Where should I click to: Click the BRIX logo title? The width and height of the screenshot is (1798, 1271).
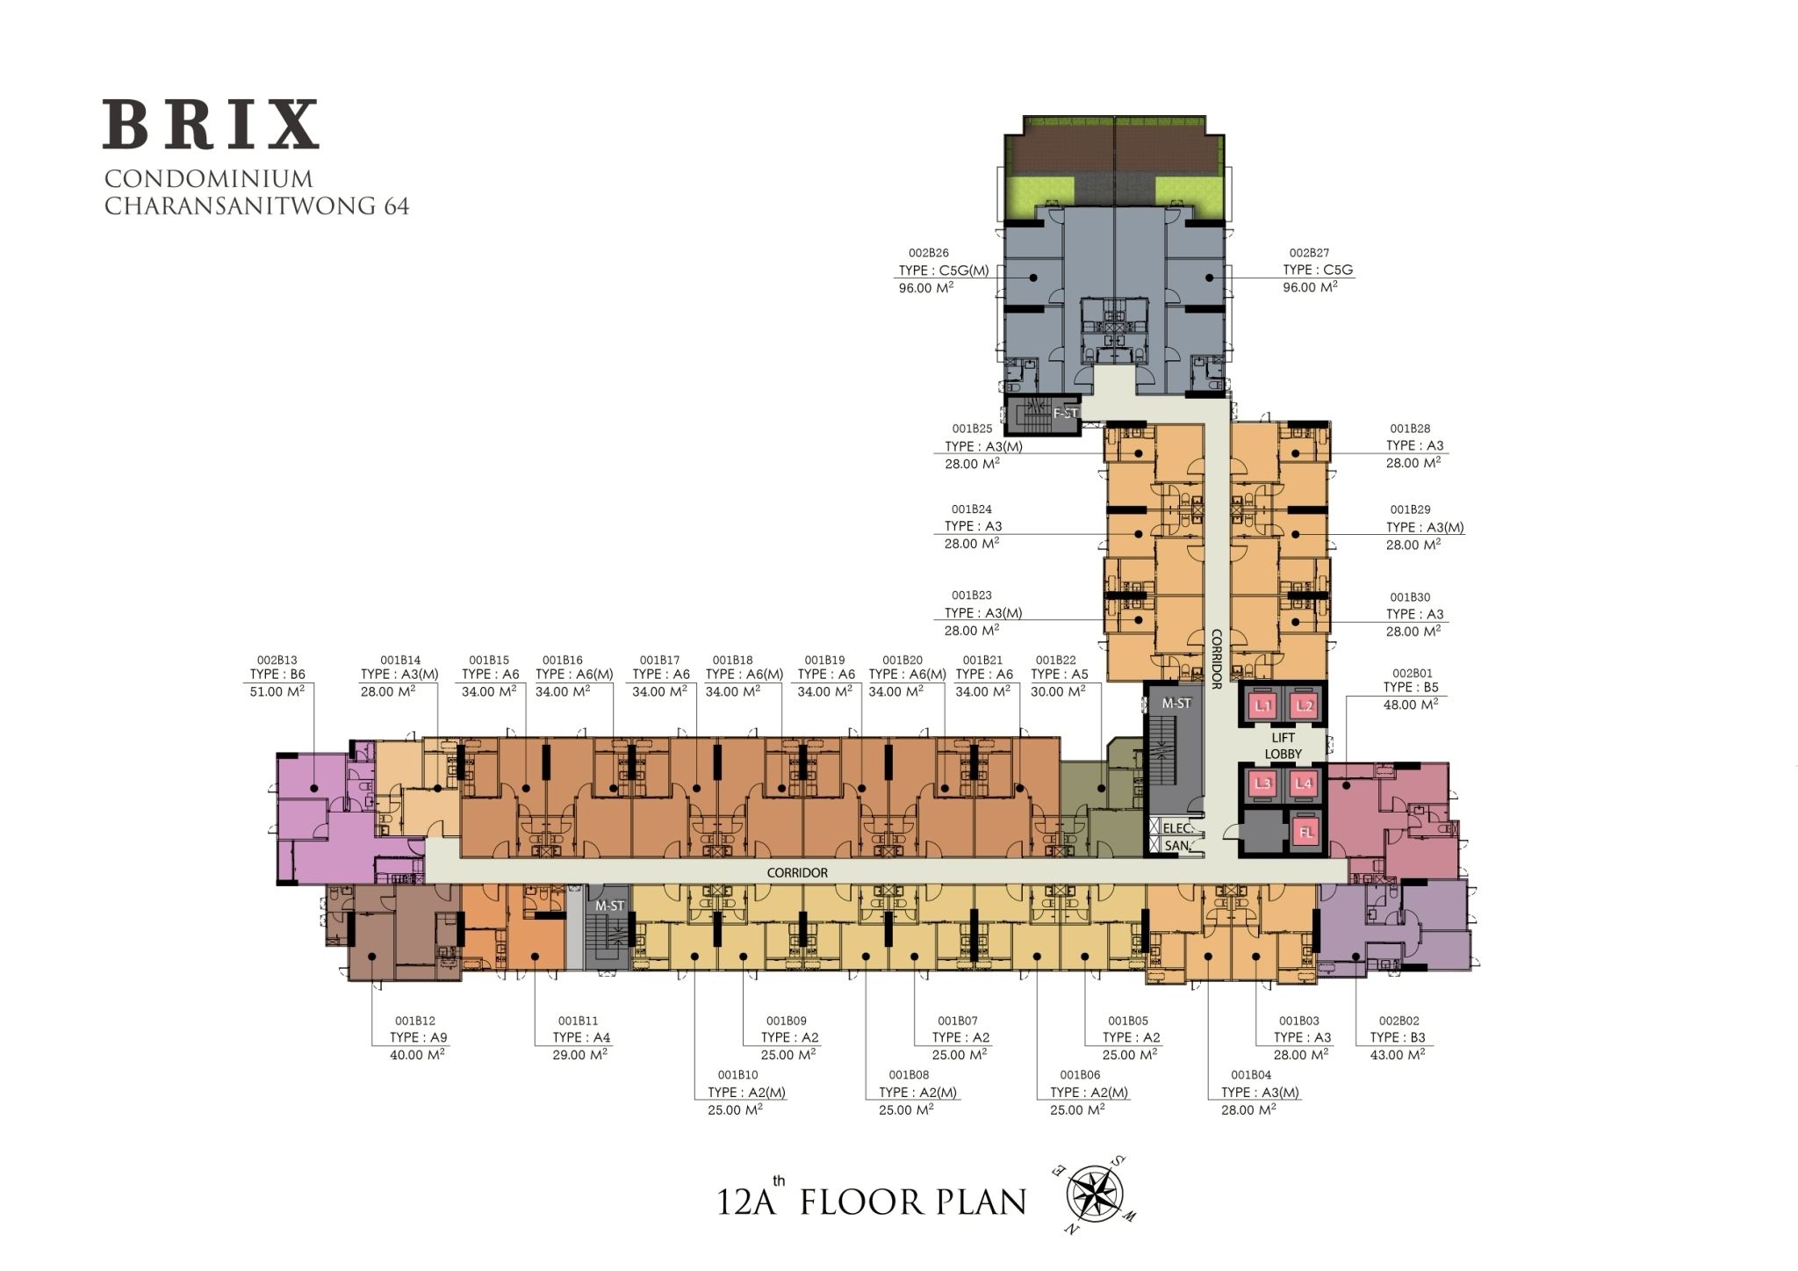coord(211,125)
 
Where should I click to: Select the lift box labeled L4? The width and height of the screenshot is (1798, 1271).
coord(1305,784)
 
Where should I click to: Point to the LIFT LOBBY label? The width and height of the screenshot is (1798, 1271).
coord(1283,747)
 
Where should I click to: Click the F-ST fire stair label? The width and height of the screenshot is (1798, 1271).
coord(1064,412)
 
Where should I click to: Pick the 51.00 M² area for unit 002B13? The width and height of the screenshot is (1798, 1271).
coord(277,691)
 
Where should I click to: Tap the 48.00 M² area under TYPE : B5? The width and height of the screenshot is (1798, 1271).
coord(1411,704)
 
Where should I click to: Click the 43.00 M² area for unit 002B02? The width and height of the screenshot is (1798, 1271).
coord(1398,1055)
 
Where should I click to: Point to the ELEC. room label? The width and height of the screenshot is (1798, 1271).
coord(1176,828)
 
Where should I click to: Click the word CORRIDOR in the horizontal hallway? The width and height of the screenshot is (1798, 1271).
coord(797,873)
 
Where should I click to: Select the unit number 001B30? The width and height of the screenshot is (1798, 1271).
coord(1410,598)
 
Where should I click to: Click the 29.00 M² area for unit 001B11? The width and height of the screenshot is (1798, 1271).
coord(581,1055)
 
